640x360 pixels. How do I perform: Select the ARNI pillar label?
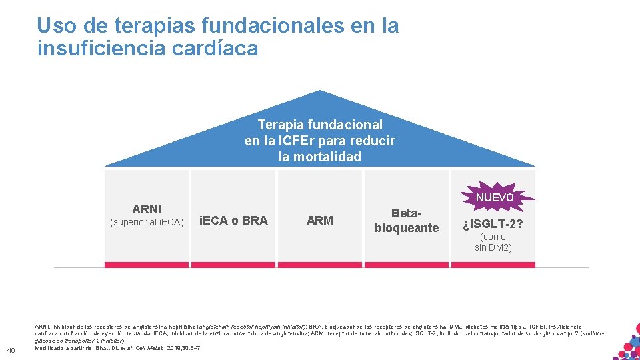tap(147, 209)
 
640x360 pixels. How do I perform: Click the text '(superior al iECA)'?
tap(147, 222)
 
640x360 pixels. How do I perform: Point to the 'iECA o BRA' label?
tap(233, 221)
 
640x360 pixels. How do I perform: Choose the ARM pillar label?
tap(320, 221)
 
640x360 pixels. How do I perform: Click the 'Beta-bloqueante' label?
tap(407, 221)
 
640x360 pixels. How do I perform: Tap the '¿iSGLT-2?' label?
tap(493, 223)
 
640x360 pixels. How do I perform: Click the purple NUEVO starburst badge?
tap(494, 197)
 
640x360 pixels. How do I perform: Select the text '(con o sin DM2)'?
tap(493, 242)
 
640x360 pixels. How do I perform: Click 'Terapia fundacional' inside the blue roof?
tap(320, 125)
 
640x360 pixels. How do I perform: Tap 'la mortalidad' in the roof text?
tap(320, 157)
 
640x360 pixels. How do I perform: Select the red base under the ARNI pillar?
tap(147, 265)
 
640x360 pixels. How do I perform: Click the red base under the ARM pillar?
tap(320, 265)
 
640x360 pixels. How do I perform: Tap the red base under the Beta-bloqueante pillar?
tap(407, 265)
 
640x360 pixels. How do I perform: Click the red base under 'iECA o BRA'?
tap(233, 265)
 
